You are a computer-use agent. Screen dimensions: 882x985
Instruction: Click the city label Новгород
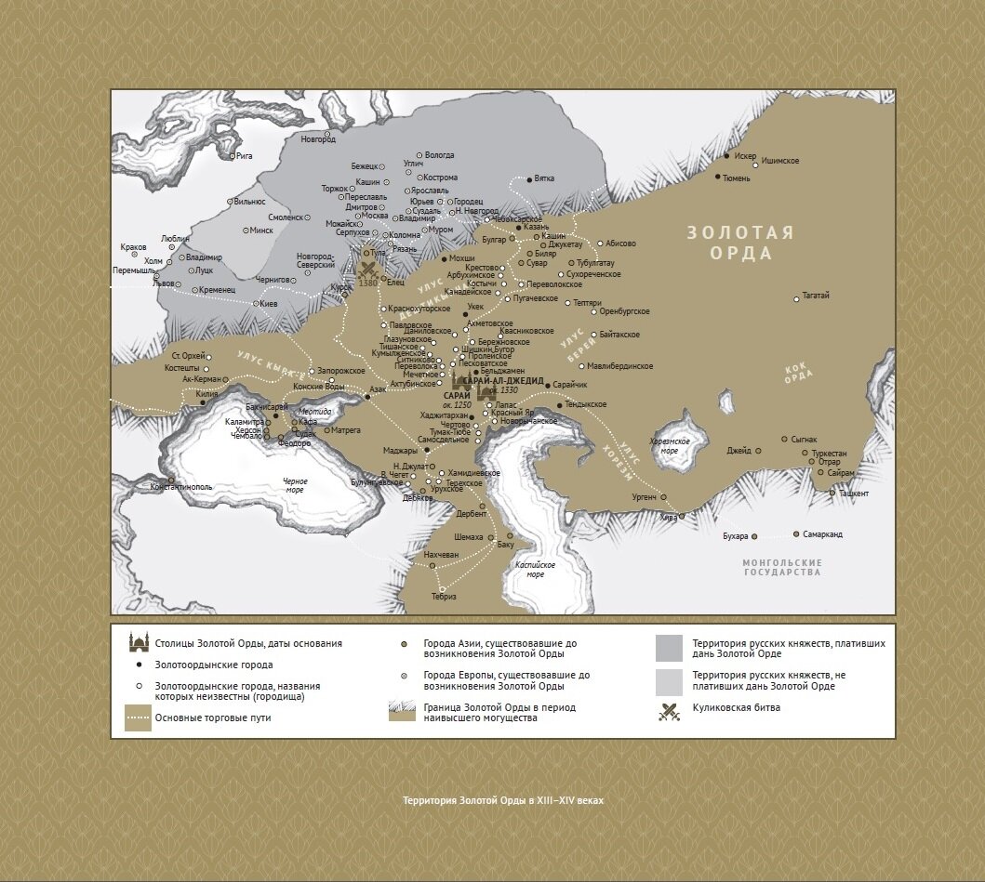(x=317, y=139)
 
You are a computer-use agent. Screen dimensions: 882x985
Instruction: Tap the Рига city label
(x=245, y=156)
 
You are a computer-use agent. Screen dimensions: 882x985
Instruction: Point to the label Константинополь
(x=181, y=487)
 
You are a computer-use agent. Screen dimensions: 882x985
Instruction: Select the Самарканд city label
(x=823, y=534)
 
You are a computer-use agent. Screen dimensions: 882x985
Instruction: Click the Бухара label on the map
(x=735, y=536)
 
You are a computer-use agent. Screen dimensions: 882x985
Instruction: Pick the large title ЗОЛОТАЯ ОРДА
(x=740, y=244)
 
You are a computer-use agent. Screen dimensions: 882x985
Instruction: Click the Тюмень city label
(x=736, y=178)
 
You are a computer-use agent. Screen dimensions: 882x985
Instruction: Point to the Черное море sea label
(x=295, y=486)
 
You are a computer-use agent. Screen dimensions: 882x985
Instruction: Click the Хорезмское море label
(x=669, y=444)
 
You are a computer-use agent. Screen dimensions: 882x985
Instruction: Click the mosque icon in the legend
(x=139, y=642)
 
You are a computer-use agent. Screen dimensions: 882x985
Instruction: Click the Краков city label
(x=134, y=247)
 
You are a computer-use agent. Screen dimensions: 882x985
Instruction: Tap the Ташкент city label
(x=853, y=494)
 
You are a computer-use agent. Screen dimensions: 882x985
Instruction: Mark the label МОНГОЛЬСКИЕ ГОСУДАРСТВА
(x=782, y=568)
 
